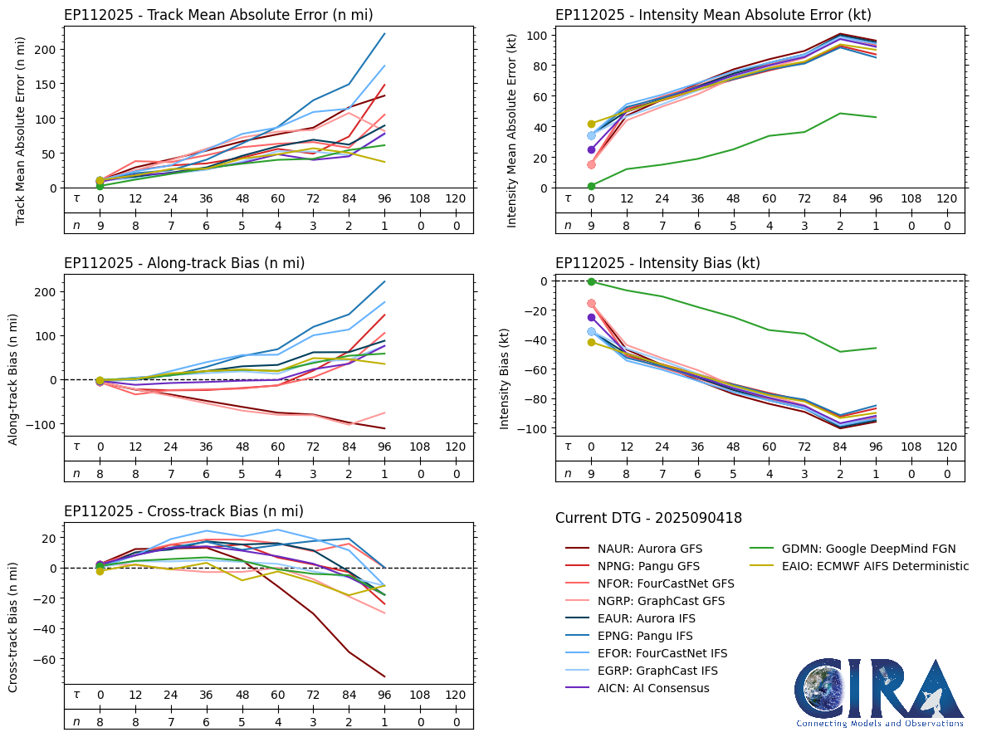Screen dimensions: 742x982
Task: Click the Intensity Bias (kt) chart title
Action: click(657, 263)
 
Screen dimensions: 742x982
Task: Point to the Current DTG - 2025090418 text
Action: click(648, 519)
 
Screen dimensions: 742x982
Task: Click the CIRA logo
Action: click(879, 693)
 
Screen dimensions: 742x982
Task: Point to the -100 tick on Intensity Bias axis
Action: click(528, 428)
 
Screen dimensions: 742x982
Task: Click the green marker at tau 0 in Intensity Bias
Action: click(591, 282)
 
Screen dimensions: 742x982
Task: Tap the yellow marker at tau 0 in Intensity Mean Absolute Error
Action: click(591, 124)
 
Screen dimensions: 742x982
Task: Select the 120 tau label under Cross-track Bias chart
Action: click(456, 695)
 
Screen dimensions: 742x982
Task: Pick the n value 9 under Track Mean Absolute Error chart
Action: click(100, 224)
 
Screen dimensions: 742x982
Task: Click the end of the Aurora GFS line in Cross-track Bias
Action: click(384, 676)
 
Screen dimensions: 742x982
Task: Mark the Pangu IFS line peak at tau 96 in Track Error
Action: click(384, 34)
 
